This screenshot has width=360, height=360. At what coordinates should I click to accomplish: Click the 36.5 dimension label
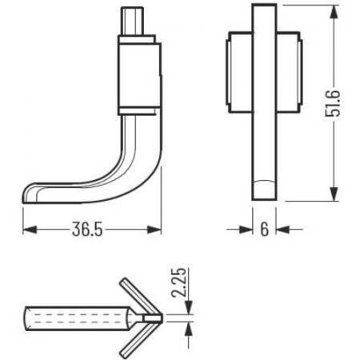click(87, 229)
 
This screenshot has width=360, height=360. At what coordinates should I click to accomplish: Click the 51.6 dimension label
click(333, 103)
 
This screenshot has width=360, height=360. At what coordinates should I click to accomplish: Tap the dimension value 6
click(264, 229)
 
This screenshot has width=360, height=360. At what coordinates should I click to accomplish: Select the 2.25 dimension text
click(178, 282)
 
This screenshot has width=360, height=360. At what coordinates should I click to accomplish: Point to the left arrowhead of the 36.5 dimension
click(30, 230)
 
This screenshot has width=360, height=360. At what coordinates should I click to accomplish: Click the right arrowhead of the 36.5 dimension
click(154, 230)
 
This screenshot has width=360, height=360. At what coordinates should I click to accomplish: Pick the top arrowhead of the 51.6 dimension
click(334, 11)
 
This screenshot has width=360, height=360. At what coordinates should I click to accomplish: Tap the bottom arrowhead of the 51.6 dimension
click(334, 194)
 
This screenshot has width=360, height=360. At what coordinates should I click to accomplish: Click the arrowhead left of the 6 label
click(246, 230)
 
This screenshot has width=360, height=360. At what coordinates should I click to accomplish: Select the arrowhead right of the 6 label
click(282, 230)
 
